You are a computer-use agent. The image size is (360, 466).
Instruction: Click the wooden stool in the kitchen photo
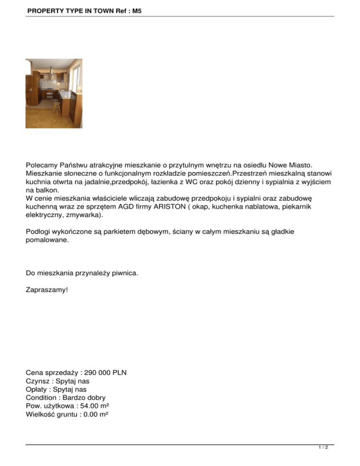57,106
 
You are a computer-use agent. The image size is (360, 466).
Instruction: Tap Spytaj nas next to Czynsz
71,381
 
